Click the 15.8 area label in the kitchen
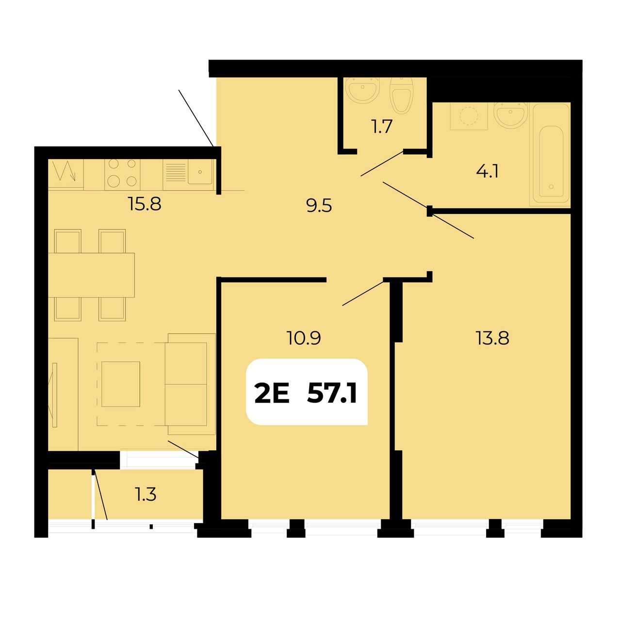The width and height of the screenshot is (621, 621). (145, 204)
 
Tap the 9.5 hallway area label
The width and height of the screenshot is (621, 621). (319, 206)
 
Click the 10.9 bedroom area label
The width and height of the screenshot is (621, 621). (304, 338)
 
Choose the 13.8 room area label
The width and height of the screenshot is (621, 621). (492, 339)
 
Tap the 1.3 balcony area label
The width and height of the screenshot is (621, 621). (146, 494)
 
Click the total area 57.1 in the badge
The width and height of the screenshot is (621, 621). (332, 394)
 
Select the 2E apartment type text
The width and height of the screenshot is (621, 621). (272, 394)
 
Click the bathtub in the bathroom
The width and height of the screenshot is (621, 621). (551, 155)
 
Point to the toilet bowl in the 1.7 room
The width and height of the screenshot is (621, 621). (401, 96)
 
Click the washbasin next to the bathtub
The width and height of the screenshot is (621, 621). (511, 115)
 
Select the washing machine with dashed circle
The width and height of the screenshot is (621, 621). (469, 116)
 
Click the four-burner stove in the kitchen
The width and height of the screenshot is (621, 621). (122, 174)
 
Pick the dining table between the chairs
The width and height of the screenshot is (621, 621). (91, 275)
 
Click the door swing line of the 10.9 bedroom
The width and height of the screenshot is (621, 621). (363, 293)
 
